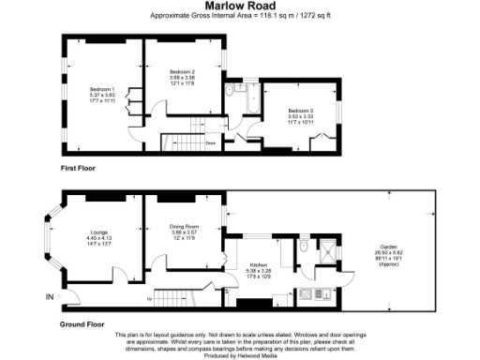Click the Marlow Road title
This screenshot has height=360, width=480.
(x=239, y=7)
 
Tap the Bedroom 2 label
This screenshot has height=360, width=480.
(x=181, y=77)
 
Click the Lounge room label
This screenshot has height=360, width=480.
(x=98, y=237)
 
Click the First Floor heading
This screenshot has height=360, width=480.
(x=79, y=168)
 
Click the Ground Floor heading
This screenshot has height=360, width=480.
(x=82, y=323)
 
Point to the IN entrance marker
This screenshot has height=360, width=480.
(x=49, y=297)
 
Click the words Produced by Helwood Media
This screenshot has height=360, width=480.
(x=239, y=355)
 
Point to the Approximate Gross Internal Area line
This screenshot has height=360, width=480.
(x=239, y=16)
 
